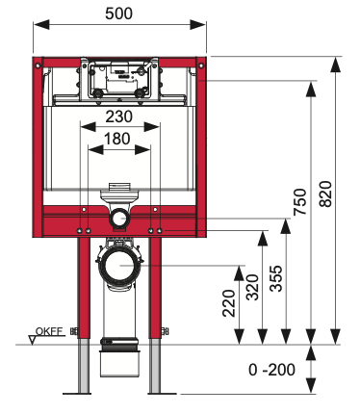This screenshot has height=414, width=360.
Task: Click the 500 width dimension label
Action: (118, 13)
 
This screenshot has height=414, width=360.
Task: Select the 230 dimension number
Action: (119, 116)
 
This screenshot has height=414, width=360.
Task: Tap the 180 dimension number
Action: (117, 139)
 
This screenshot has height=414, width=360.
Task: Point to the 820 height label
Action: (325, 194)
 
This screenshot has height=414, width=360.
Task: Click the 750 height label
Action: (300, 202)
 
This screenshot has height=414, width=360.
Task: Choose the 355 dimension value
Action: (276, 278)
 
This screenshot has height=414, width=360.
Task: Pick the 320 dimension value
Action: (252, 287)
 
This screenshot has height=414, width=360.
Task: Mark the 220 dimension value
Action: (229, 303)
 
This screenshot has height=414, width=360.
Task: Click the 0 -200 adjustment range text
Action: (271, 370)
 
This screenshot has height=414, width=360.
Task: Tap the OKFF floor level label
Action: (49, 331)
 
